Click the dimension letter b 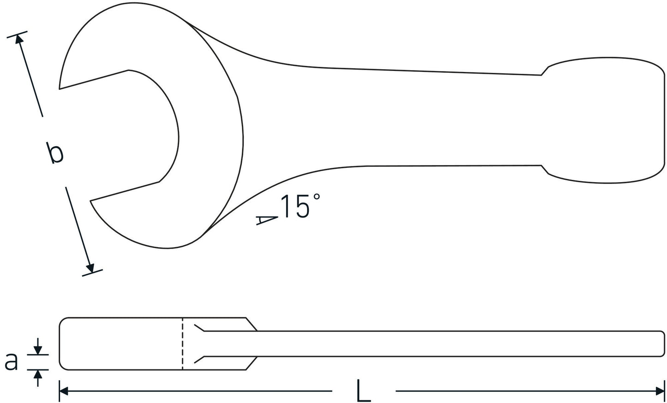click(x=55, y=154)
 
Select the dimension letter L click(x=363, y=391)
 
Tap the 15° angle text click(x=300, y=206)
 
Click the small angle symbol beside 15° click(x=266, y=220)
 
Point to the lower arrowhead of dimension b click(x=90, y=268)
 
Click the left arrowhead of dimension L click(x=64, y=391)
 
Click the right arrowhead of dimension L click(x=660, y=391)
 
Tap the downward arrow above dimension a click(x=38, y=349)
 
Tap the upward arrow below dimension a click(x=38, y=374)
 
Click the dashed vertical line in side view click(x=182, y=344)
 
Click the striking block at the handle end click(x=605, y=120)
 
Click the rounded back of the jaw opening click(x=178, y=138)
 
